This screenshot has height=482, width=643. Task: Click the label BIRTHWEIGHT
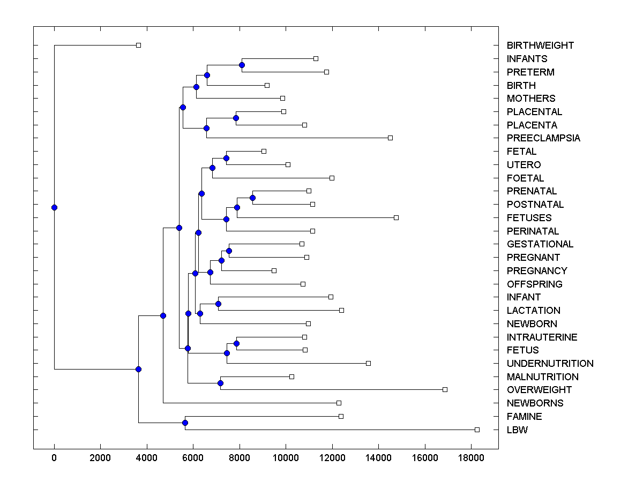[x=540, y=46]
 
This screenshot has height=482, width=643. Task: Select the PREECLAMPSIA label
[x=543, y=138]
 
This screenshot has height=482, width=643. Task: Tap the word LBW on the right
[x=517, y=430]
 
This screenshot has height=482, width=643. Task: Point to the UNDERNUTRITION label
[x=550, y=364]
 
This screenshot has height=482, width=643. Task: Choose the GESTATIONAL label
[x=540, y=244]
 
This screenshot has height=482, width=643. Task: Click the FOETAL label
[x=525, y=178]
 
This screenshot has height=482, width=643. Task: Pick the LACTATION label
[x=533, y=311]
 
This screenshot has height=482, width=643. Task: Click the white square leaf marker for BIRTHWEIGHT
[x=138, y=45]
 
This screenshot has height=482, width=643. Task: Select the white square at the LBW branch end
[x=477, y=430]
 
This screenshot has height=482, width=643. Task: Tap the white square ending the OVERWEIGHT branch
[x=445, y=389]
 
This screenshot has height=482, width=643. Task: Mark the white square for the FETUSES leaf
[x=396, y=217]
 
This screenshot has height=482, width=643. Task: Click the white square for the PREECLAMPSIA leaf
[x=390, y=138]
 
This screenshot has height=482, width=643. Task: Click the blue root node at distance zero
[x=54, y=207]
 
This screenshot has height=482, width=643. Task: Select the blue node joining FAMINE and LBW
[x=185, y=423]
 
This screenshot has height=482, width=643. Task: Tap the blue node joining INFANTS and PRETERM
[x=242, y=65]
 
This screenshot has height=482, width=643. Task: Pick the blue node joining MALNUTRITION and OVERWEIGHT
[x=220, y=383]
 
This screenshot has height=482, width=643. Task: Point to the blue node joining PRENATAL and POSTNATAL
[x=252, y=198]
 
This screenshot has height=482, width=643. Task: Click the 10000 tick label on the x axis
[x=286, y=458]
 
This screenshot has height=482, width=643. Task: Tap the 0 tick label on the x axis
[x=54, y=458]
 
